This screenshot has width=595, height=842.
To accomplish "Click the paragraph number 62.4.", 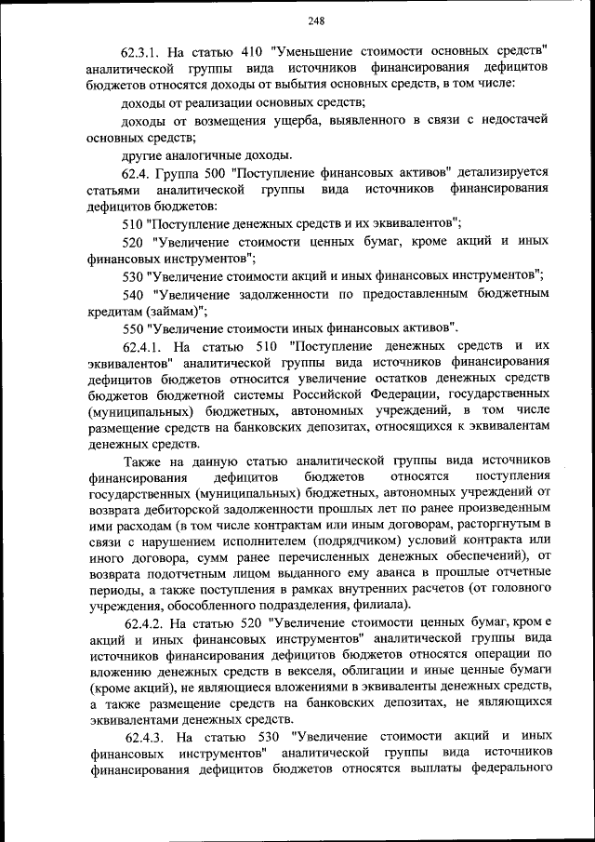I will tap(138, 172).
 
